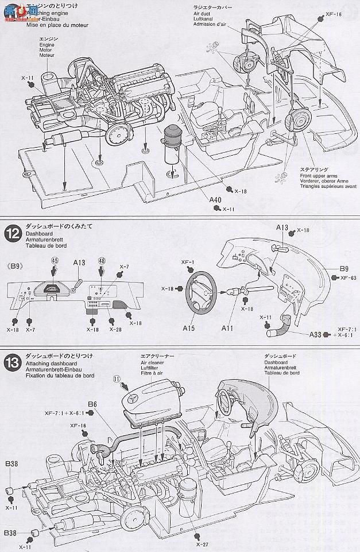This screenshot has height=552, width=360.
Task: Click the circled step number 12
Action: pyautogui.click(x=11, y=233)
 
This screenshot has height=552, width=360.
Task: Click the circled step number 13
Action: pyautogui.click(x=11, y=363)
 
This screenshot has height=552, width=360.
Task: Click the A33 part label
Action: pyautogui.click(x=315, y=335)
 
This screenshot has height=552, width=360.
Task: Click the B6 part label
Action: pyautogui.click(x=92, y=404)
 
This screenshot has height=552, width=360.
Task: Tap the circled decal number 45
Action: pyautogui.click(x=55, y=260)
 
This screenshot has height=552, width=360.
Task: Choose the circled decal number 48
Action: pyautogui.click(x=102, y=260)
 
